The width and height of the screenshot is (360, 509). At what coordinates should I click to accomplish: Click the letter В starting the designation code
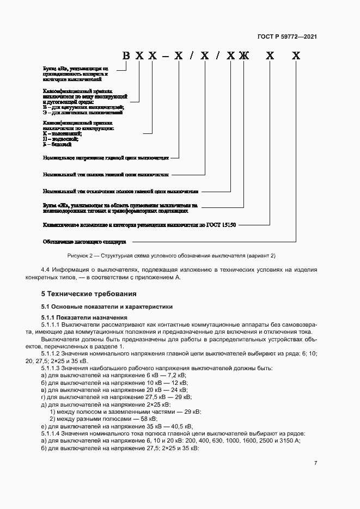coord(126,56)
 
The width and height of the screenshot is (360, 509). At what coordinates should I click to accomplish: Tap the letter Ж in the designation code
coord(243,56)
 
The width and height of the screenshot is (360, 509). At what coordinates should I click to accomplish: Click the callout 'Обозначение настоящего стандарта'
coord(84,241)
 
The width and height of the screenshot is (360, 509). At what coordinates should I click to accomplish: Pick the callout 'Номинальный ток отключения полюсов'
coord(120,192)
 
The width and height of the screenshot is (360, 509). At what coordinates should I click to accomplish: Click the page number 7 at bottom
coord(315,463)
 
